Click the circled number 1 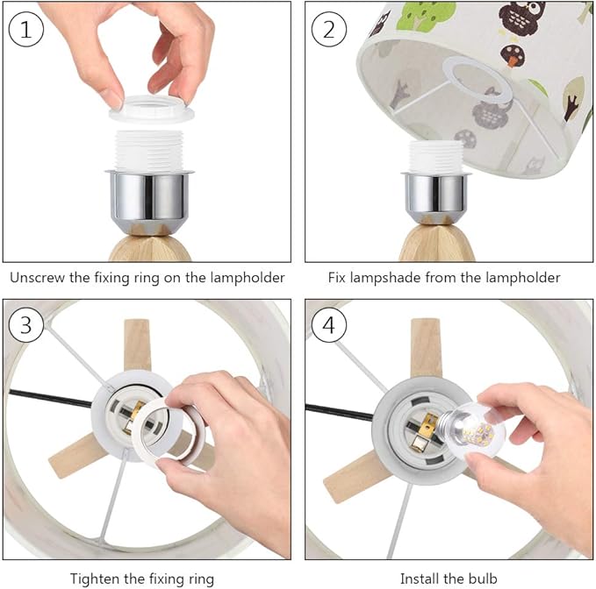pos(25,30)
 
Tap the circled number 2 pos(329,30)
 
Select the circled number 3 pos(25,325)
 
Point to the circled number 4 pos(329,325)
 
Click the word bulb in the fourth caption pos(483,578)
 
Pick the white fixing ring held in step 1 pos(151,109)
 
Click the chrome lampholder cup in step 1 pos(149,201)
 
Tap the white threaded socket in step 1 pos(149,150)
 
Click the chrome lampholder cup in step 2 pos(435,196)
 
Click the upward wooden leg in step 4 pos(426,348)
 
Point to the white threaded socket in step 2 pos(435,157)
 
